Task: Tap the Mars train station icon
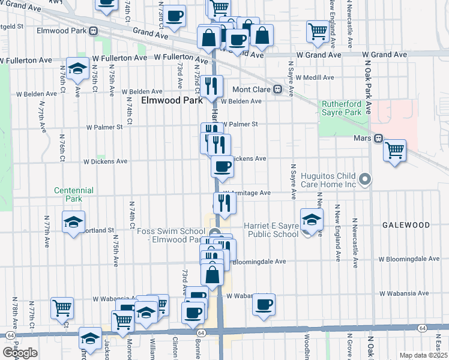click(378, 139)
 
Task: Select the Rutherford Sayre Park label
click(341, 108)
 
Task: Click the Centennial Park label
click(74, 194)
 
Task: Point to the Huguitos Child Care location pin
click(364, 179)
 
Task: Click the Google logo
click(19, 353)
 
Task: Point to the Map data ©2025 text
click(423, 355)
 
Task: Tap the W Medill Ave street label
click(313, 77)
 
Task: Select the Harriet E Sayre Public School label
click(271, 230)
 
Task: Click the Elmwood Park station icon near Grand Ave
click(93, 31)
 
